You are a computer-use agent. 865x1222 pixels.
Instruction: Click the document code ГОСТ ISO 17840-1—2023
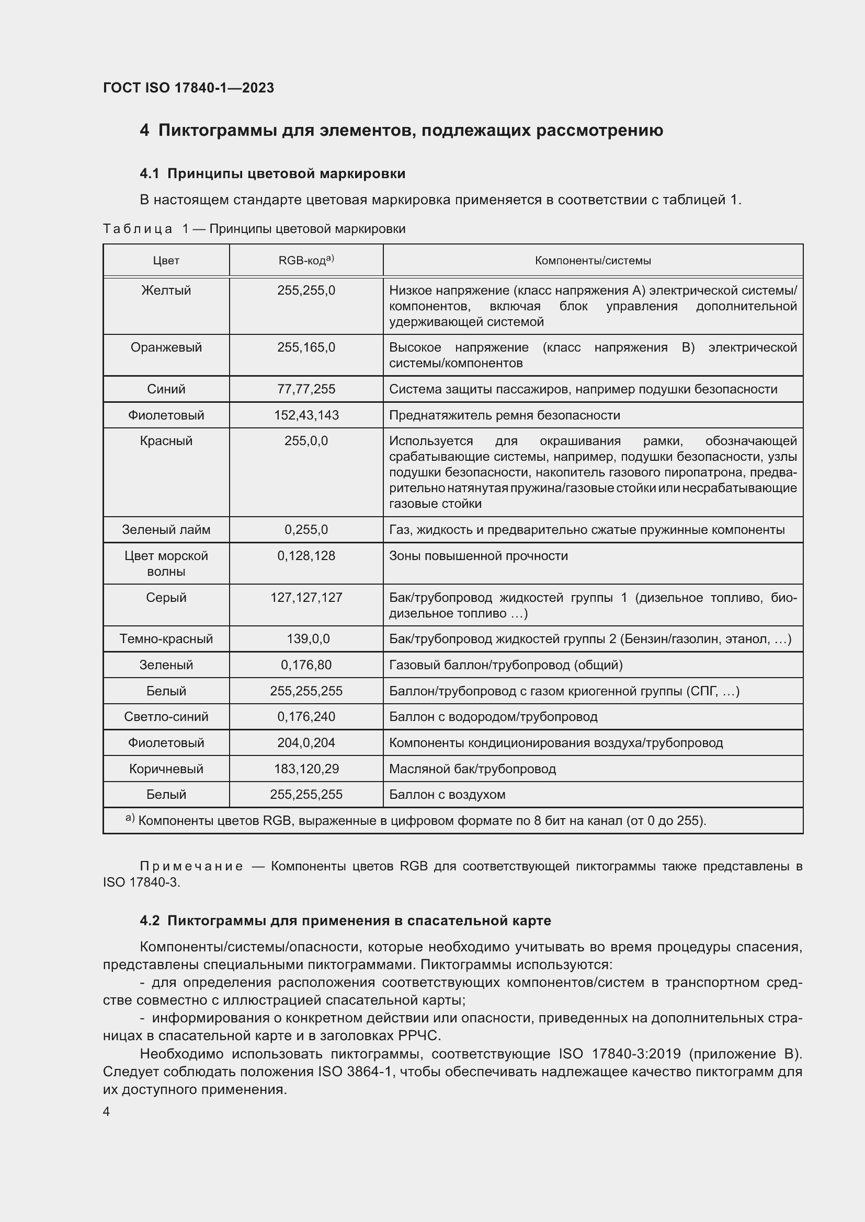[189, 88]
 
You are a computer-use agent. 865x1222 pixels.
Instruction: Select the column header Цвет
[166, 261]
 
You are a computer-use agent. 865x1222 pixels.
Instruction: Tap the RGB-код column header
[306, 260]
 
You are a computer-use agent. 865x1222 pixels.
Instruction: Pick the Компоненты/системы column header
[593, 261]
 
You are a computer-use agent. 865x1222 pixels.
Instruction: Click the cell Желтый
[166, 290]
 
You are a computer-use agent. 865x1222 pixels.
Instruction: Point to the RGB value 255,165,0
[306, 347]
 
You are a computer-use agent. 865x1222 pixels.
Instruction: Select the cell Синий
[166, 389]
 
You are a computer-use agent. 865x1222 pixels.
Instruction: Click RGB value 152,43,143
[306, 415]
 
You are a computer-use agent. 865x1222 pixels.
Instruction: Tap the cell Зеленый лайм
[166, 530]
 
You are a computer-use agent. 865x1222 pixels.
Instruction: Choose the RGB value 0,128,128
[306, 556]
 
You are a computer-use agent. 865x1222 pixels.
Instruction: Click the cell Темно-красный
[166, 638]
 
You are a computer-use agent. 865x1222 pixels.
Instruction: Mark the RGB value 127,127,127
[306, 598]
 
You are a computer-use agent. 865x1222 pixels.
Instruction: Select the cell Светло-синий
[166, 716]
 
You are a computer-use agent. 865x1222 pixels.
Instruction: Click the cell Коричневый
[166, 769]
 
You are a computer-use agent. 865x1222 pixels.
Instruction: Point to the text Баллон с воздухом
[447, 795]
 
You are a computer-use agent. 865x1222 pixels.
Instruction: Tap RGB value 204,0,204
[306, 742]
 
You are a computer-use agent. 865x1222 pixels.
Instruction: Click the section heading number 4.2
[150, 921]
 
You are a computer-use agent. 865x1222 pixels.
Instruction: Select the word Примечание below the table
[191, 866]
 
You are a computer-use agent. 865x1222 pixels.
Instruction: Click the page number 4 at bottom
[107, 1112]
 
